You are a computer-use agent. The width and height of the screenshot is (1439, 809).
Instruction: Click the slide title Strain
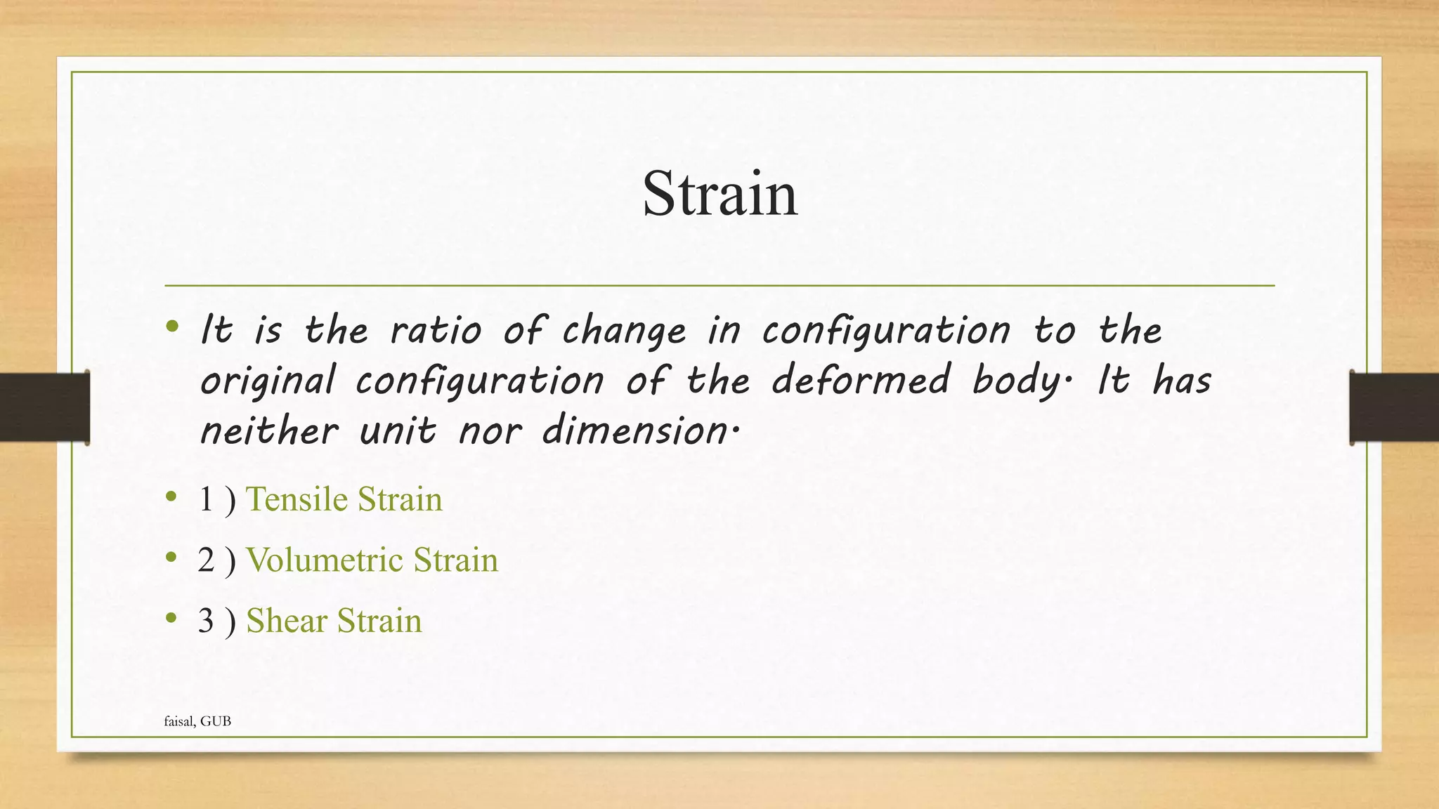coord(719,194)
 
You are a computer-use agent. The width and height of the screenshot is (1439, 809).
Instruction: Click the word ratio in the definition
coord(436,330)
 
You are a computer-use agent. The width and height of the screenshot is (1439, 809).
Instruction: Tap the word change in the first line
coord(624,331)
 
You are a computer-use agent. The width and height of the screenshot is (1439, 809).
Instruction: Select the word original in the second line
coord(268,381)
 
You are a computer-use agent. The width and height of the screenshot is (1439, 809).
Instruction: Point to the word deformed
coord(861,380)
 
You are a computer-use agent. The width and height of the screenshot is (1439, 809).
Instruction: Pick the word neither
coord(269,430)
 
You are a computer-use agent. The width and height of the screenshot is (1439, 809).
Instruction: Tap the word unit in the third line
coord(397,430)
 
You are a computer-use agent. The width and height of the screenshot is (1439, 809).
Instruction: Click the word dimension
coord(634,430)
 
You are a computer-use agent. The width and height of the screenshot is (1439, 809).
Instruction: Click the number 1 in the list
coord(206,499)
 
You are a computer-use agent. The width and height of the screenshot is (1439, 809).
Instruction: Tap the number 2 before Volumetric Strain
coord(206,560)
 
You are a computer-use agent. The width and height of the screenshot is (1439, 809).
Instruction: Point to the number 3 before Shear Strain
coord(206,621)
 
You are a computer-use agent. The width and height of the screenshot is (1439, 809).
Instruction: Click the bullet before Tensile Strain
coord(171,498)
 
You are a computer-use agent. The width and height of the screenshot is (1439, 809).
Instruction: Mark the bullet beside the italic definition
coord(171,327)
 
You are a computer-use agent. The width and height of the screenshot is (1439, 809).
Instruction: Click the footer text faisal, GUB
coord(197,721)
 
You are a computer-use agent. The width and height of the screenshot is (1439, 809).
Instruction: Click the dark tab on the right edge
coord(1394,407)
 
